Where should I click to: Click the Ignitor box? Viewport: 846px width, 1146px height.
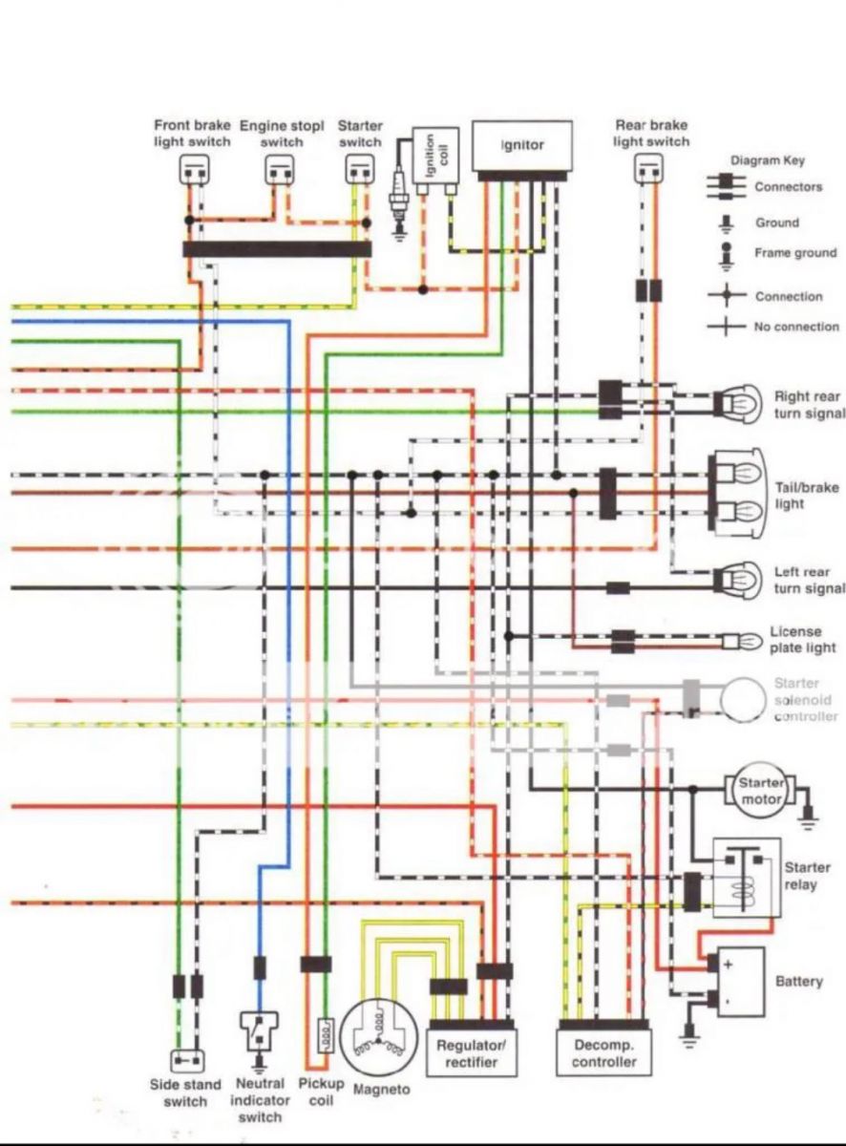pyautogui.click(x=522, y=146)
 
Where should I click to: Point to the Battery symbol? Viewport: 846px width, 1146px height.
pyautogui.click(x=740, y=982)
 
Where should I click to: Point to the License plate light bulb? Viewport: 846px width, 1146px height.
pyautogui.click(x=743, y=642)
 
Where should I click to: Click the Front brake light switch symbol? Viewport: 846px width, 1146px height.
pyautogui.click(x=195, y=170)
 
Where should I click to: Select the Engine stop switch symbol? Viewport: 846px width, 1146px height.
pyautogui.click(x=280, y=170)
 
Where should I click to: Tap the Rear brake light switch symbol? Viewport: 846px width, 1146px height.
pyautogui.click(x=648, y=169)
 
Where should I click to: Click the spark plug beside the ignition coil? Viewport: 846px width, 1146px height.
pyautogui.click(x=399, y=197)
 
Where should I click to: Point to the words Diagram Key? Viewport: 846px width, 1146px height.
pyautogui.click(x=768, y=160)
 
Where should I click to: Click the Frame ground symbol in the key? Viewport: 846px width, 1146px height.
pyautogui.click(x=727, y=256)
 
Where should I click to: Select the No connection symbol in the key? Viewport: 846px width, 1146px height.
pyautogui.click(x=727, y=326)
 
